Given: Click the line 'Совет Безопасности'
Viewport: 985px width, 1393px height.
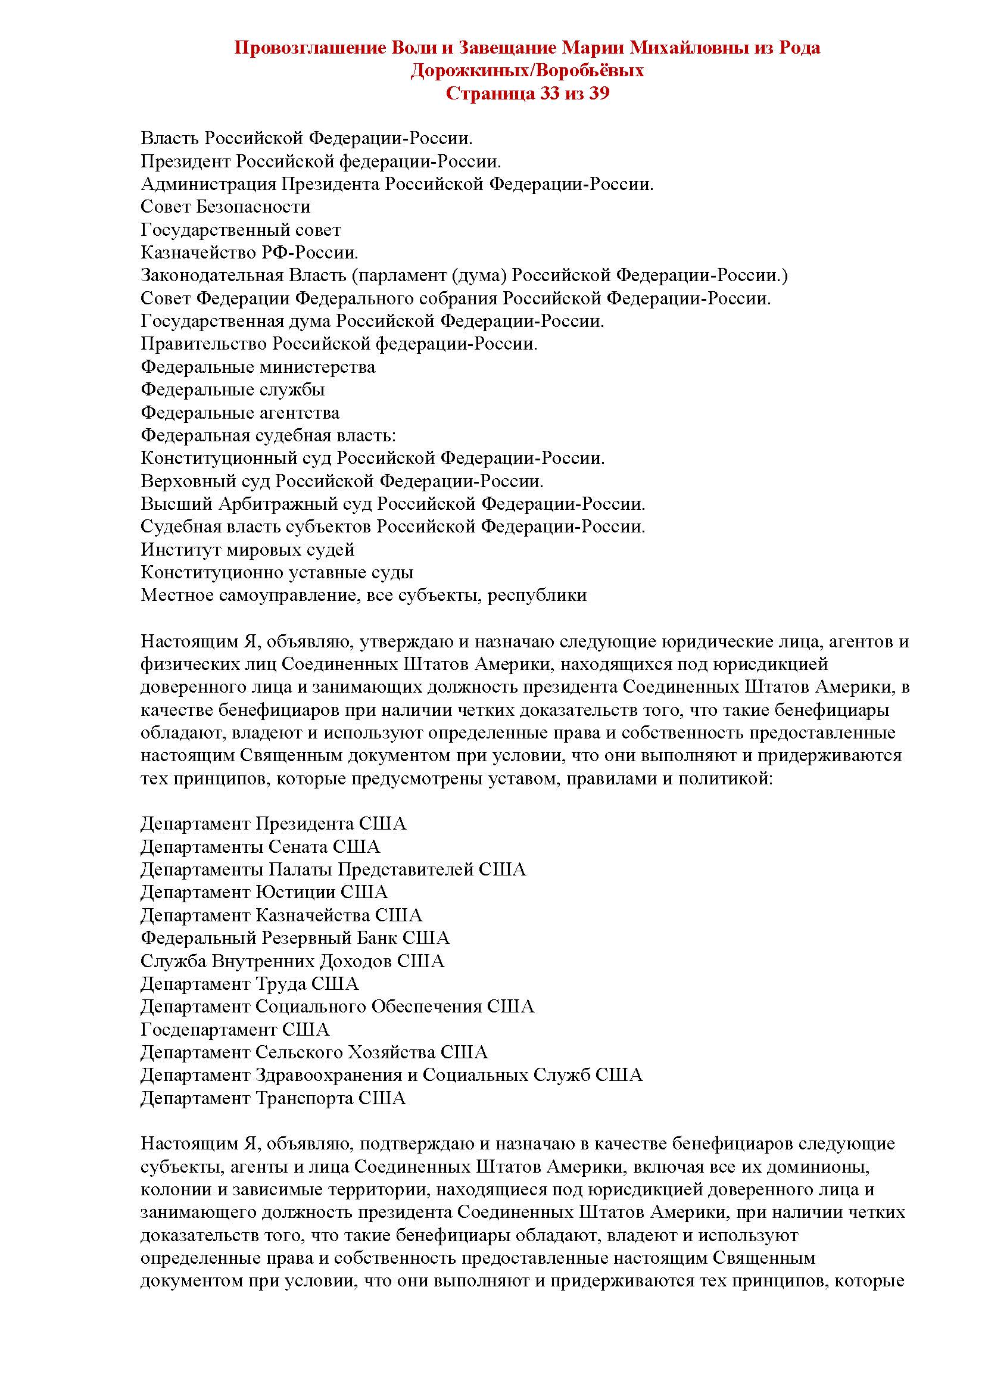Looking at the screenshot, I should click(x=226, y=207).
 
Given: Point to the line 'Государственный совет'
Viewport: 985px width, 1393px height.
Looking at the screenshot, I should click(x=241, y=230).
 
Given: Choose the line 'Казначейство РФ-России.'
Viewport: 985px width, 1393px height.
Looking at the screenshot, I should click(x=250, y=253).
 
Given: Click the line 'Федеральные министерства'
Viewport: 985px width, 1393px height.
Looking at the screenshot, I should click(x=258, y=367).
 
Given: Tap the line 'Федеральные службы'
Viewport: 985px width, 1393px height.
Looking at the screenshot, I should click(x=233, y=389).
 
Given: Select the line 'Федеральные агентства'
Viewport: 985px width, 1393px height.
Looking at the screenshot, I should click(x=240, y=413).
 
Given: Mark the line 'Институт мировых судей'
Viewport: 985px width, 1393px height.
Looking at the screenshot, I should click(x=248, y=550).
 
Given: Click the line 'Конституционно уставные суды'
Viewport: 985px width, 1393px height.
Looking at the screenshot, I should click(x=277, y=572).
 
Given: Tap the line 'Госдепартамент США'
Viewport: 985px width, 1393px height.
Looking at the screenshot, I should click(x=235, y=1030).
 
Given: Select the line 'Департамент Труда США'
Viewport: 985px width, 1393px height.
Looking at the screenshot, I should click(x=250, y=983).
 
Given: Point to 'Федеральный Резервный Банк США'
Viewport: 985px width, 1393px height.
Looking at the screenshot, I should click(x=295, y=938).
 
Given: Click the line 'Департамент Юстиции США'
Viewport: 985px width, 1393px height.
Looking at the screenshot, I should click(x=264, y=892).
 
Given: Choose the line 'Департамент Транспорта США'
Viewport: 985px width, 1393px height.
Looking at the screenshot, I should click(x=273, y=1098).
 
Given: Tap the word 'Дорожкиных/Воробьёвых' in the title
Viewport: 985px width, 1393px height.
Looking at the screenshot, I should click(x=527, y=70).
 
